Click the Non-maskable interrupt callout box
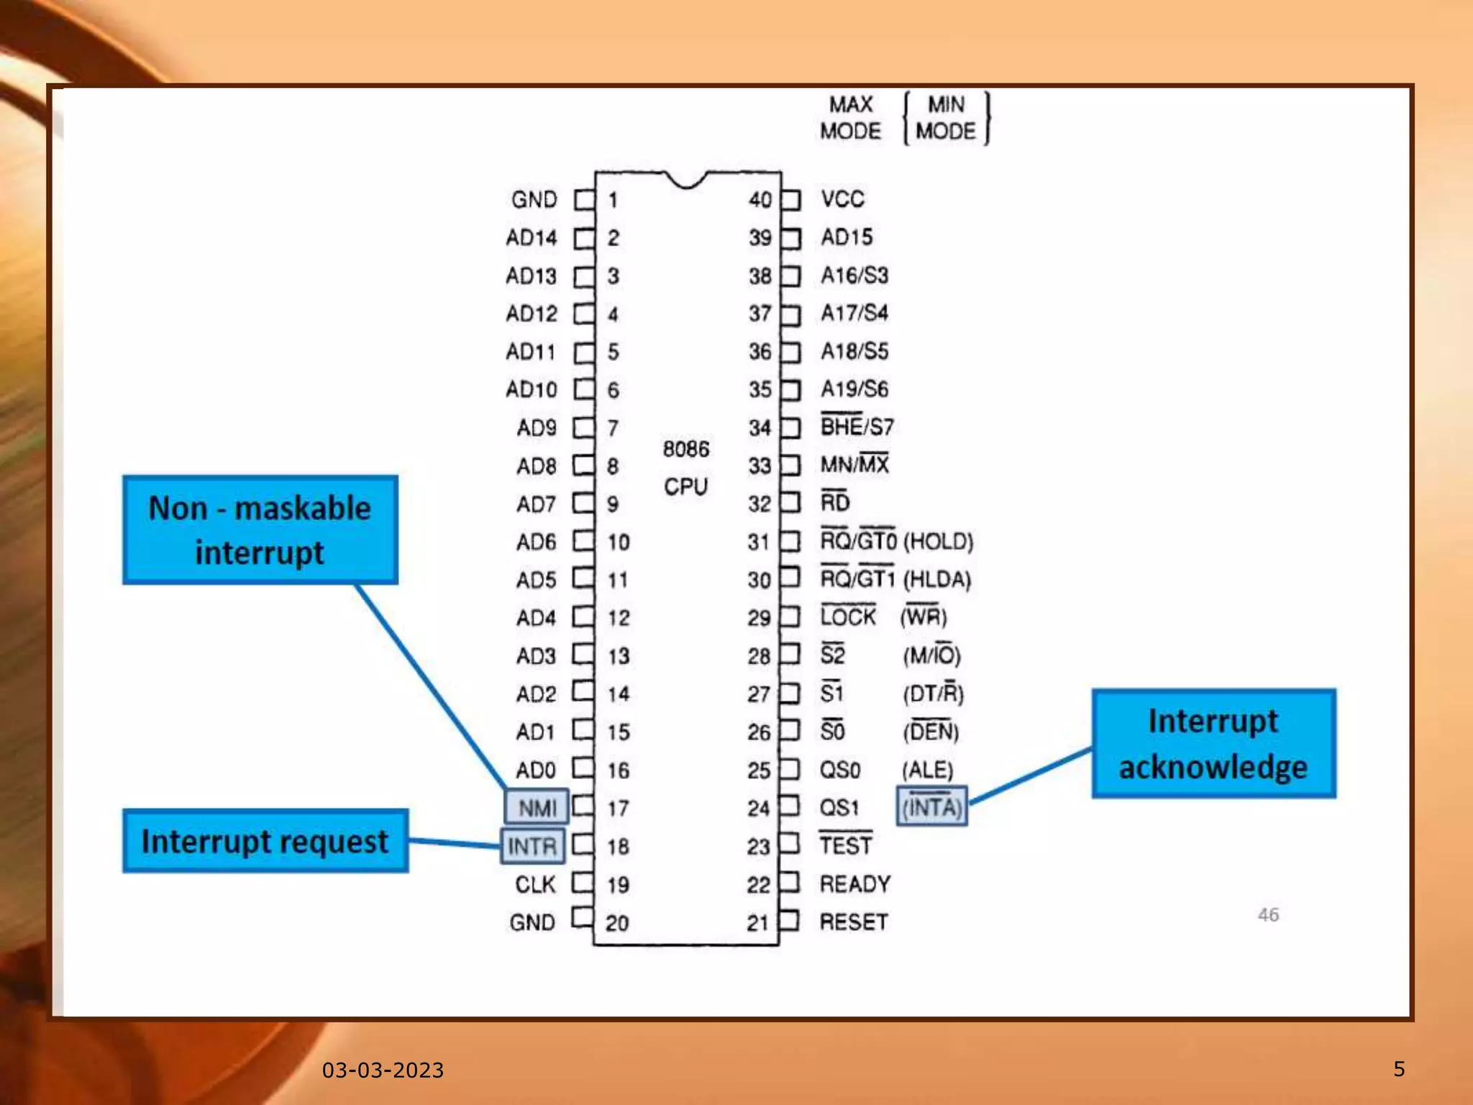click(260, 529)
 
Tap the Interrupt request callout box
click(265, 841)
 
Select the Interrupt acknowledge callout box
click(1213, 743)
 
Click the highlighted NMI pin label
click(537, 807)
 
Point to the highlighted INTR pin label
click(532, 846)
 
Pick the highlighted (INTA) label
click(931, 807)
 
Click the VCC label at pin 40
click(842, 199)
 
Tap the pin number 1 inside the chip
click(613, 200)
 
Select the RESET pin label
click(854, 922)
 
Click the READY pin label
click(855, 884)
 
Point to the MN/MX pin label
click(854, 465)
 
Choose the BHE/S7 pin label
click(857, 427)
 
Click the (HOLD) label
click(938, 541)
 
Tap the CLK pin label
click(535, 884)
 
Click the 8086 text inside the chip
click(685, 450)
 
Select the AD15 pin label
click(847, 237)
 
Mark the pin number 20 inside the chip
click(616, 923)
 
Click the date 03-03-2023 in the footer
click(383, 1070)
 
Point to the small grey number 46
click(1268, 914)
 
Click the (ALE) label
click(928, 770)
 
